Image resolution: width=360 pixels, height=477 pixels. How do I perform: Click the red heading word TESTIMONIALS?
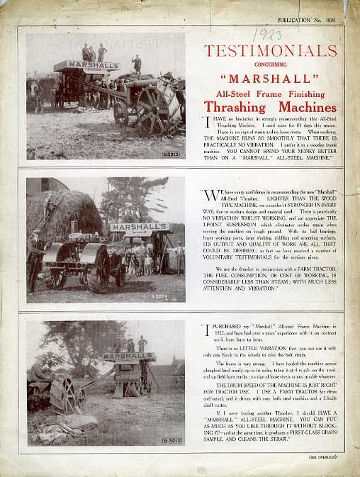tap(270, 50)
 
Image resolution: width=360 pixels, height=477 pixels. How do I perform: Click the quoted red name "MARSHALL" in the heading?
tap(269, 77)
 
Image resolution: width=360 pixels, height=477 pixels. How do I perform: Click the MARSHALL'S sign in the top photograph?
tap(86, 66)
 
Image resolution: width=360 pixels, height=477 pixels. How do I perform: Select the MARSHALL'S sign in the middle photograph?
tap(138, 228)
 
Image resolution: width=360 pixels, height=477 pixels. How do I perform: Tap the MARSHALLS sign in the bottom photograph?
tap(129, 356)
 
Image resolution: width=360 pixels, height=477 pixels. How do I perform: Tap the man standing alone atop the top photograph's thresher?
tap(137, 64)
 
